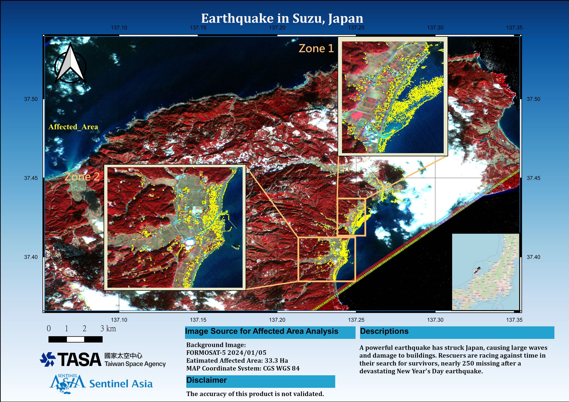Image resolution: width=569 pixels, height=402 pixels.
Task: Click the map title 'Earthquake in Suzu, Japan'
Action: click(x=282, y=18)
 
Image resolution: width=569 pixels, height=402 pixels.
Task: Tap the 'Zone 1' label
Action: click(x=316, y=48)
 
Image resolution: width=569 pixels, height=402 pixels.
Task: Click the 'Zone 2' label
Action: click(x=82, y=177)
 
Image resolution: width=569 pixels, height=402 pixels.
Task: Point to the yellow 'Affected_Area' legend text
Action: click(x=73, y=127)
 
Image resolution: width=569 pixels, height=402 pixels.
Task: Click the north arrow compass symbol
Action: click(x=70, y=64)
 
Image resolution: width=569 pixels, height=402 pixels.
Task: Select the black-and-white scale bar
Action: click(x=75, y=339)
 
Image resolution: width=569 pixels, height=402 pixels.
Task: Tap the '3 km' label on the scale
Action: click(x=108, y=329)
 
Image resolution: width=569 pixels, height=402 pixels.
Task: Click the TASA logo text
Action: click(x=79, y=360)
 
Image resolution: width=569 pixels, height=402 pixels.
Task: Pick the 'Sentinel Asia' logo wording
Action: click(x=121, y=384)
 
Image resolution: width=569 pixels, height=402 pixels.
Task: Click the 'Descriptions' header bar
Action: click(x=457, y=332)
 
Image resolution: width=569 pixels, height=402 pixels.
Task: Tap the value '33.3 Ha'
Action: click(x=276, y=361)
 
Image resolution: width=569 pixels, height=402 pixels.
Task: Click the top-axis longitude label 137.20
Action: click(x=277, y=28)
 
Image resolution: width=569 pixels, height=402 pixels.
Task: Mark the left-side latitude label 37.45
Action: click(x=31, y=178)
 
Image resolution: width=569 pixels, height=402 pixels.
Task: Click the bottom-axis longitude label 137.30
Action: click(x=435, y=320)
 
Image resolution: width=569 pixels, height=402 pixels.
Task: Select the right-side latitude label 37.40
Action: click(x=533, y=257)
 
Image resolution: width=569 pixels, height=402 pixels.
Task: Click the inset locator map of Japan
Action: click(x=486, y=272)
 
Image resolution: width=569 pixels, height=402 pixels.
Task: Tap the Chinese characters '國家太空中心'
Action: click(x=123, y=356)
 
